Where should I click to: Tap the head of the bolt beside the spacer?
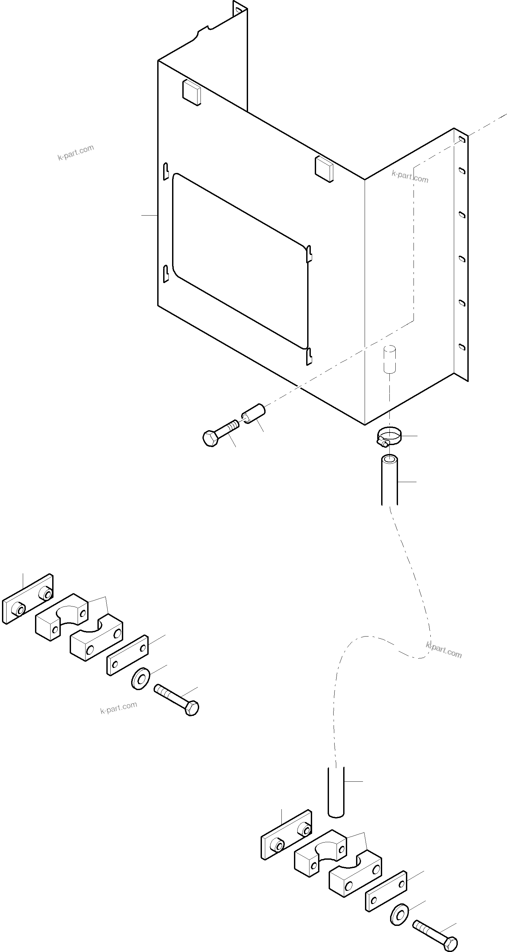(x=210, y=438)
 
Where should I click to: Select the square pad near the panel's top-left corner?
(x=192, y=92)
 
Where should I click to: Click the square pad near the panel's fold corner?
(x=324, y=169)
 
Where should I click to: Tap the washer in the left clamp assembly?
(x=140, y=678)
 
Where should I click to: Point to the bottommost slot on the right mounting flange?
(x=461, y=347)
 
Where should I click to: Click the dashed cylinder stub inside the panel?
(x=389, y=359)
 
